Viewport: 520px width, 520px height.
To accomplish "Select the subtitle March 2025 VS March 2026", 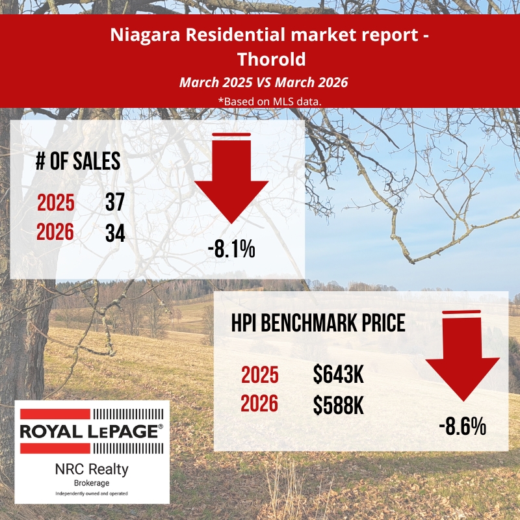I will point(263,83).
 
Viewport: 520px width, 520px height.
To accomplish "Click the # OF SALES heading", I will point(78,161).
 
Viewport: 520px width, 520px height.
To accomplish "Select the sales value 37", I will point(115,203).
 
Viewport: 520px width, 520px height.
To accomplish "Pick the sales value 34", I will point(115,232).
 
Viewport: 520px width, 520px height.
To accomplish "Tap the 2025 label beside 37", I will point(55,203).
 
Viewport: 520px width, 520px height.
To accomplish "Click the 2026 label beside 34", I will point(55,232).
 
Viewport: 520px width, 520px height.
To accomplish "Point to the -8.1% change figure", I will point(231,249).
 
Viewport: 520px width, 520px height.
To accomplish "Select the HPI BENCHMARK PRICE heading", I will point(318,324).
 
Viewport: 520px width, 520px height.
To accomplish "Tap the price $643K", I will point(337,375).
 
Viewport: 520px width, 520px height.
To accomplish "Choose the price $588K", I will point(337,405).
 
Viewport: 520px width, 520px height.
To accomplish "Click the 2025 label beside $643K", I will point(259,375).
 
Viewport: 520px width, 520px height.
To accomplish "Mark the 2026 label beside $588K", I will point(259,405).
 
